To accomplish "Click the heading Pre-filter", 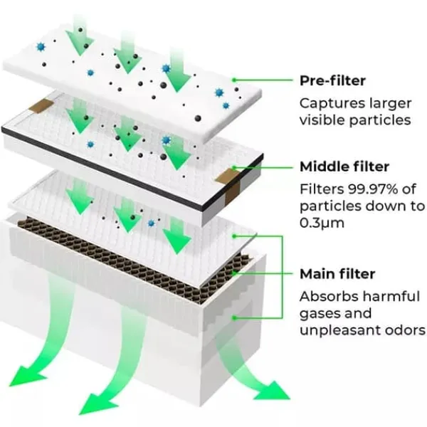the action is [x=332, y=80].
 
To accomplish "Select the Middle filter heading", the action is [x=344, y=167].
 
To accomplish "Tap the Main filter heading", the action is [x=337, y=274].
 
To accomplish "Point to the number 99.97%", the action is [x=372, y=189].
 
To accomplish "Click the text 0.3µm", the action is [x=322, y=223].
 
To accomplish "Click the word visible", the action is [x=322, y=120].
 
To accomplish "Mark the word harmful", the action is [x=392, y=296].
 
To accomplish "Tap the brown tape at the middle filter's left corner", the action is [x=41, y=105].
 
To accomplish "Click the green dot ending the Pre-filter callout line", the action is [x=233, y=80].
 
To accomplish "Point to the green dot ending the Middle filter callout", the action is [x=233, y=167].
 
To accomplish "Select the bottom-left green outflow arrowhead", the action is [x=26, y=376].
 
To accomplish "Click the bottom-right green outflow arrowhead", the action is [x=272, y=391].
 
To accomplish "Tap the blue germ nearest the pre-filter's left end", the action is [x=41, y=47].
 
